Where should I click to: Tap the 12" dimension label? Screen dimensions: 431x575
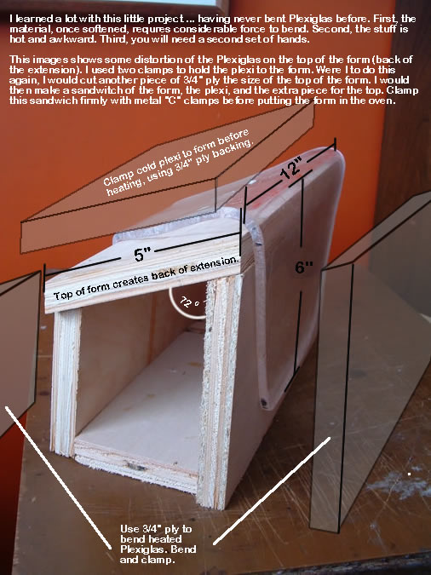[x=292, y=169]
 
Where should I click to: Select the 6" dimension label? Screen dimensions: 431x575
[x=304, y=267]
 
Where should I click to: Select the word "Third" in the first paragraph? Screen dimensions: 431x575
[x=113, y=39]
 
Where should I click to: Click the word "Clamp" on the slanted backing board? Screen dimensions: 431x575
[x=118, y=176]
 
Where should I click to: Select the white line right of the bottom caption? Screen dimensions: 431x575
[x=272, y=491]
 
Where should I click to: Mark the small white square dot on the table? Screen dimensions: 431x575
[x=409, y=474]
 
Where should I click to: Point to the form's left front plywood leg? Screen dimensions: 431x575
[x=66, y=382]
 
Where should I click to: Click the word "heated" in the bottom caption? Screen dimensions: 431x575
[x=151, y=539]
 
